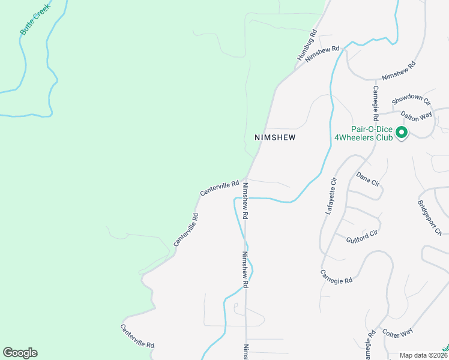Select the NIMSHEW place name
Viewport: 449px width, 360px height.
pos(276,137)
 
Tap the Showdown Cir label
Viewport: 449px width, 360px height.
pos(412,99)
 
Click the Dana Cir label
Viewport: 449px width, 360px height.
pos(368,178)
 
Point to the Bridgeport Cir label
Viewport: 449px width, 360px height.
pos(430,214)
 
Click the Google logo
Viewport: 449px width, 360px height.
pos(20,353)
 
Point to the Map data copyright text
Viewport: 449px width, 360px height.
pos(423,355)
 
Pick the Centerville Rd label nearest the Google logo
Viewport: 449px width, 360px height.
pos(137,337)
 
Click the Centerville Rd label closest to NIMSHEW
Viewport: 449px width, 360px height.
pos(220,188)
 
